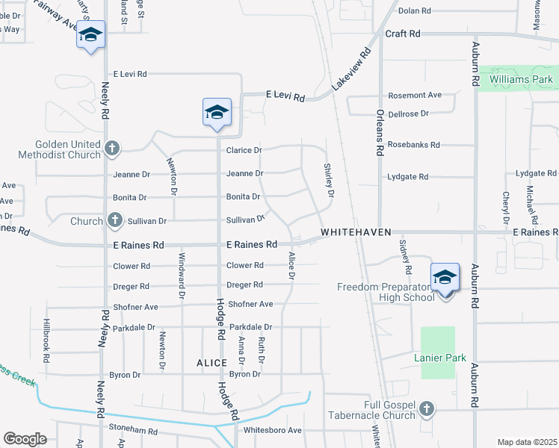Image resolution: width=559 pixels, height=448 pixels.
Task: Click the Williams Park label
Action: (x=521, y=79)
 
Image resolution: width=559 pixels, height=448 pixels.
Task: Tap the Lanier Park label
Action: (x=440, y=358)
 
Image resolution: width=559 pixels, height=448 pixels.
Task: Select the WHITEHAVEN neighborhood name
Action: (x=356, y=233)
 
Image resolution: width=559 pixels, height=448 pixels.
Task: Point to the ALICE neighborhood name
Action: (x=211, y=362)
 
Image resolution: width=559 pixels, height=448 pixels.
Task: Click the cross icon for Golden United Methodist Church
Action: (x=112, y=148)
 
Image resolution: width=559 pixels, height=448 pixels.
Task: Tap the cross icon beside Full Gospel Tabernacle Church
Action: (x=426, y=408)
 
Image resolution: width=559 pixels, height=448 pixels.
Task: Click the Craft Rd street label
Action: (x=403, y=34)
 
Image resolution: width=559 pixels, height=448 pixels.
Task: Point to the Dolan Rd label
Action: (x=415, y=11)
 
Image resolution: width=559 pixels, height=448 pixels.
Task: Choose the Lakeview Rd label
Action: (x=351, y=71)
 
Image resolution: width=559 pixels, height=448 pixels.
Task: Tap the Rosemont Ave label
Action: (x=414, y=96)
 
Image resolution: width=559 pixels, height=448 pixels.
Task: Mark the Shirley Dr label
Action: (x=328, y=181)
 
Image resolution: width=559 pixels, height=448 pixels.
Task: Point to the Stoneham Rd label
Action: (x=134, y=431)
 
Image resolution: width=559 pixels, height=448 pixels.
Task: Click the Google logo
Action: (x=25, y=439)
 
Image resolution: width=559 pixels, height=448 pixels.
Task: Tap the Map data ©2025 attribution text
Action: (x=527, y=442)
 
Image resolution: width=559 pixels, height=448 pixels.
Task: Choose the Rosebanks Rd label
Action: (x=413, y=145)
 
